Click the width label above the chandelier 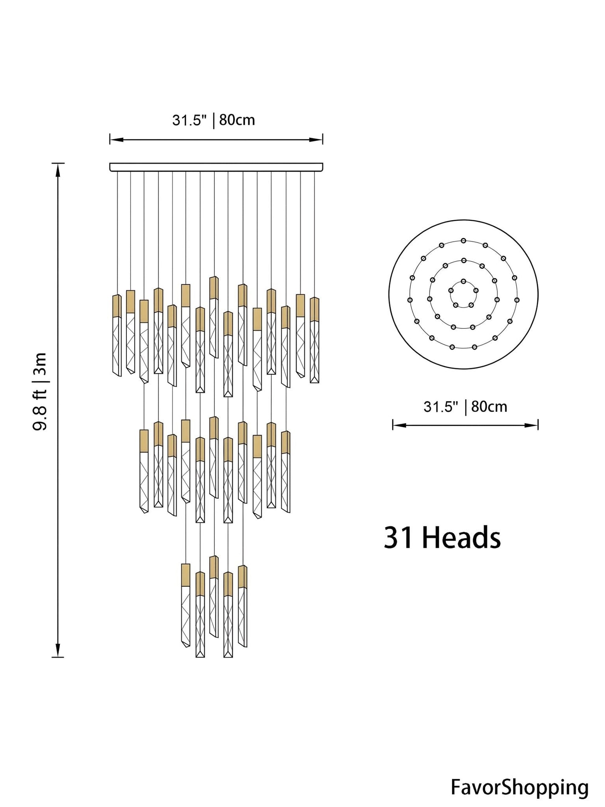point(214,120)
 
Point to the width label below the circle point(465,407)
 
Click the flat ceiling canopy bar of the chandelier point(216,167)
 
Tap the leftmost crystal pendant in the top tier point(117,335)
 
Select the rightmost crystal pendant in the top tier point(314,340)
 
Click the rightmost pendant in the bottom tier point(242,606)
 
